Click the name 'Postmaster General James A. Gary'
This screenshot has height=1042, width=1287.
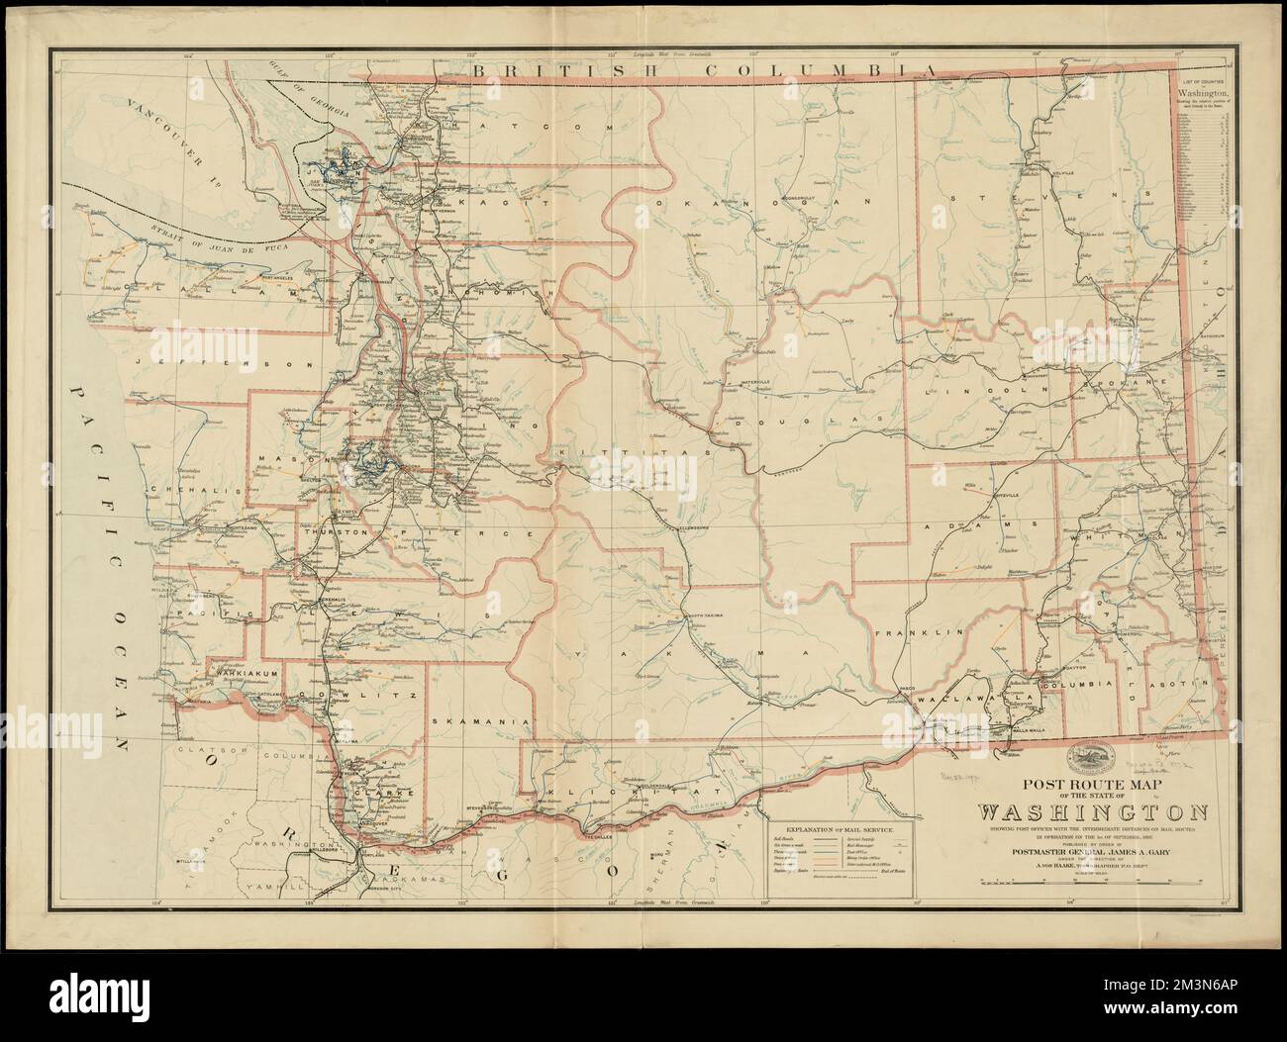[1093, 847]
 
